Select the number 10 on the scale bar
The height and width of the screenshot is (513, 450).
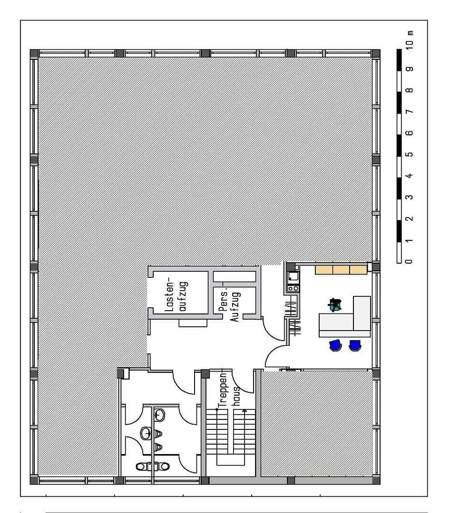410,45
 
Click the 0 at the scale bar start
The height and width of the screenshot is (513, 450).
410,261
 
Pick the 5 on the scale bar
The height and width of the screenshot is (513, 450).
410,154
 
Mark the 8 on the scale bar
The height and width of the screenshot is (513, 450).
410,90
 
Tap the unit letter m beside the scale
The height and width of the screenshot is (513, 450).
410,33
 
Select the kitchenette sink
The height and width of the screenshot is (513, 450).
293,275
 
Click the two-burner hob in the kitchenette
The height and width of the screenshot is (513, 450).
293,288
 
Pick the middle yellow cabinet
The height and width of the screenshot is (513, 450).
341,270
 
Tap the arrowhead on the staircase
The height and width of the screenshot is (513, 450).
245,409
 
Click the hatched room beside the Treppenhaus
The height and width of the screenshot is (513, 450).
316,423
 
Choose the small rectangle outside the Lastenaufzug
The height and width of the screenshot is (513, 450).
194,323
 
